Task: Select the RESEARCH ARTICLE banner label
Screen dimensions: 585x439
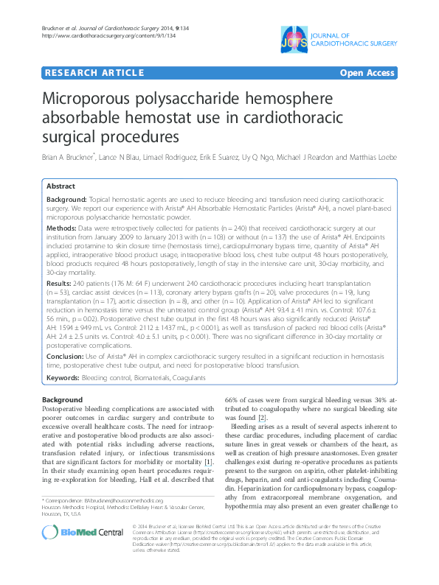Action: pyautogui.click(x=94, y=73)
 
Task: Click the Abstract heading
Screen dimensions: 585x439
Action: pyautogui.click(x=62, y=188)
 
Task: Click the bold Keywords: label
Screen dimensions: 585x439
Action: pyautogui.click(x=64, y=377)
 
